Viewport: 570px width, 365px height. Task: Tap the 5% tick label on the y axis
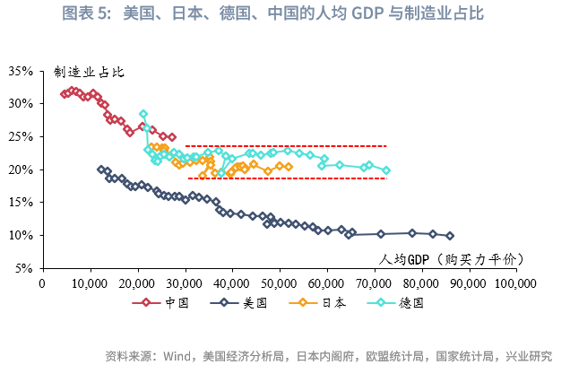click(24, 268)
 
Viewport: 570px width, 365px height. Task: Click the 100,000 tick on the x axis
click(515, 283)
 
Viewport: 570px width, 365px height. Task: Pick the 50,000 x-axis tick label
click(281, 283)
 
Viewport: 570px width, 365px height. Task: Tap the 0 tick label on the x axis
click(43, 283)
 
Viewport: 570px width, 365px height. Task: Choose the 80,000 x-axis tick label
click(422, 283)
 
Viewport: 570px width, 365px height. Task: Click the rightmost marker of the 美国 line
click(450, 236)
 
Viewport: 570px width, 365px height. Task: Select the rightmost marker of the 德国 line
click(386, 169)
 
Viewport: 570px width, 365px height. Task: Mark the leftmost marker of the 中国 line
click(63, 93)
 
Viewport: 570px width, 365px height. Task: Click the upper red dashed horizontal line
click(287, 146)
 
